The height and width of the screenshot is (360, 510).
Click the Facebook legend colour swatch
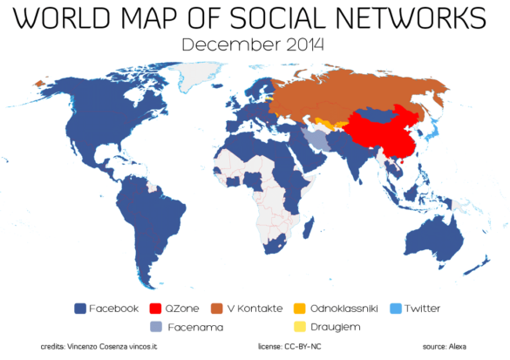tap(80, 308)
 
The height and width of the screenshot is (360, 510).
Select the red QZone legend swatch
tap(156, 308)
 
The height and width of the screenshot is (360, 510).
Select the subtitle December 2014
tap(254, 44)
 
